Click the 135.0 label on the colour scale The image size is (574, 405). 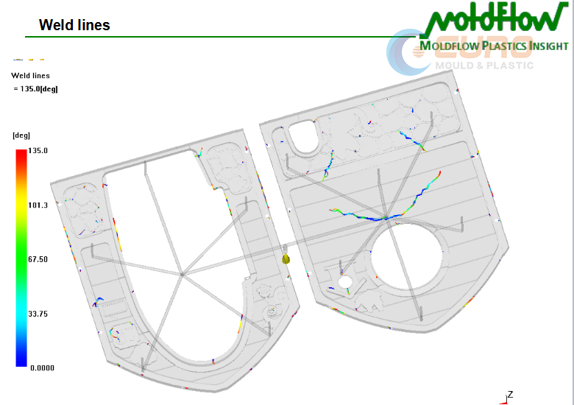click(38, 150)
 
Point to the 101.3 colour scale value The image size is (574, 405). click(38, 205)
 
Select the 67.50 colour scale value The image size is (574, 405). click(38, 259)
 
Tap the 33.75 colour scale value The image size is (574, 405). click(38, 314)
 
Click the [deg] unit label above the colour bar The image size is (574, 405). click(21, 135)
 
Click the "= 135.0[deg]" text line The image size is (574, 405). click(35, 88)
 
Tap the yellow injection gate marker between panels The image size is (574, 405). click(286, 258)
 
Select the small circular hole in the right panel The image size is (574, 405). click(344, 281)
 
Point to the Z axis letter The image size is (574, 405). click(509, 394)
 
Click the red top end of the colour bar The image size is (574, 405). click(21, 154)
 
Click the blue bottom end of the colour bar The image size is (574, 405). click(21, 362)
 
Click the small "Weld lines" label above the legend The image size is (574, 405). click(30, 75)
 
